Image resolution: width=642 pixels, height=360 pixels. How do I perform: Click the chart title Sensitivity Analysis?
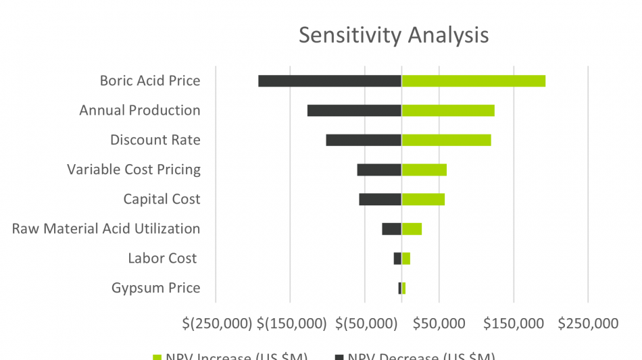[393, 34]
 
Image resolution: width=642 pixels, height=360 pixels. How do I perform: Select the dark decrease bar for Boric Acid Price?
[330, 81]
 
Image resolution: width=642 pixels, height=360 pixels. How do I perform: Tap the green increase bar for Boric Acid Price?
[473, 81]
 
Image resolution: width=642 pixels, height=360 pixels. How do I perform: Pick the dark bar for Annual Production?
[354, 111]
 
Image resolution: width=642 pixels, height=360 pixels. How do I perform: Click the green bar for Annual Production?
[448, 111]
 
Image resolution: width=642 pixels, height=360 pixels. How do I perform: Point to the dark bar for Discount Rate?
[364, 140]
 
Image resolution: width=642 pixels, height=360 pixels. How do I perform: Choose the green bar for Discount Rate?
[446, 140]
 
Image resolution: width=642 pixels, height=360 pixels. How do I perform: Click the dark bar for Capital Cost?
[380, 199]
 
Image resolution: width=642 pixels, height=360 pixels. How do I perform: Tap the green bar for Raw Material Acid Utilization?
[412, 229]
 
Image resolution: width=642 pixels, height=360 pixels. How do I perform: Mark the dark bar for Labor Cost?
[397, 259]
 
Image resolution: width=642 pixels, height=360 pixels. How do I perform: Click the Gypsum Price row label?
[155, 288]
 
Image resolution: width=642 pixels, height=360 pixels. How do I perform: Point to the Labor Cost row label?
[162, 259]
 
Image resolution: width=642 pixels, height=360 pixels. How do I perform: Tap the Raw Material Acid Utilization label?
[106, 229]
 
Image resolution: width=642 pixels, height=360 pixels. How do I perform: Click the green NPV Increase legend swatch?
[157, 357]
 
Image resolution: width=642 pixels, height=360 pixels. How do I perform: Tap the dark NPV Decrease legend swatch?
[339, 357]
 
